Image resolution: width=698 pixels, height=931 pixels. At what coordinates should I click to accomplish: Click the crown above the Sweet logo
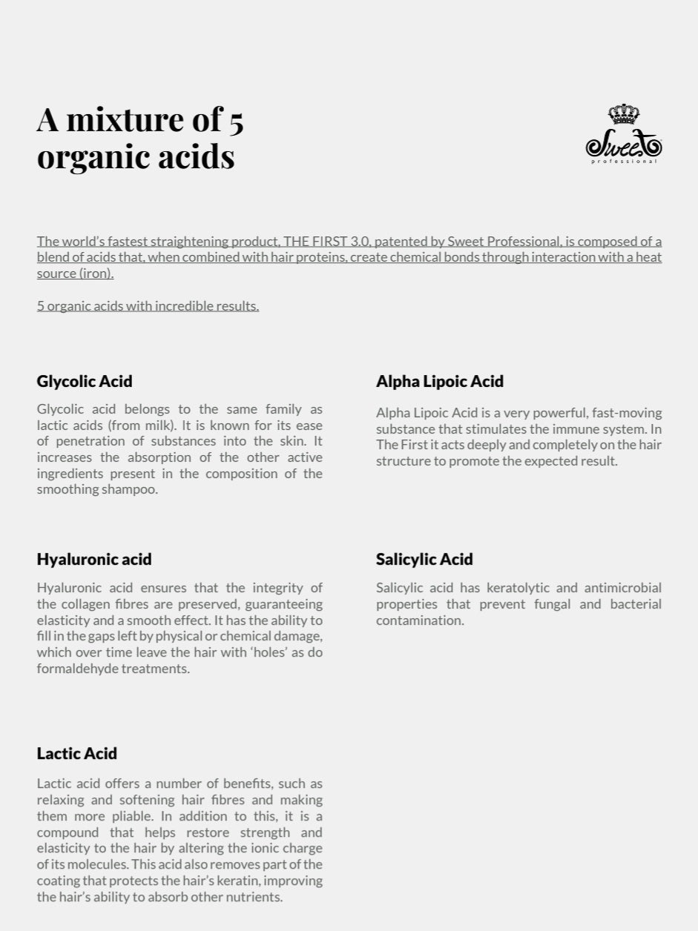pyautogui.click(x=624, y=114)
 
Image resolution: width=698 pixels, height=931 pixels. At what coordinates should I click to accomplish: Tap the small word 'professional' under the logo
pyautogui.click(x=624, y=162)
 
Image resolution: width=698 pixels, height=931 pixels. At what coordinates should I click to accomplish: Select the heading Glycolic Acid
pyautogui.click(x=85, y=381)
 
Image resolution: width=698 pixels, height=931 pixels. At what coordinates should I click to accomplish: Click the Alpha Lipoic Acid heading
pyautogui.click(x=439, y=381)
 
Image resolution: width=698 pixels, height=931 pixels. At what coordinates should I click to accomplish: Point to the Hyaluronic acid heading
pyautogui.click(x=94, y=559)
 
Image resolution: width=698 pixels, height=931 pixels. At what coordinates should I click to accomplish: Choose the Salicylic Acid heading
pyautogui.click(x=424, y=559)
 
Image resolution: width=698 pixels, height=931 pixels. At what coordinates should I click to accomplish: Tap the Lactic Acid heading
pyautogui.click(x=77, y=753)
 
